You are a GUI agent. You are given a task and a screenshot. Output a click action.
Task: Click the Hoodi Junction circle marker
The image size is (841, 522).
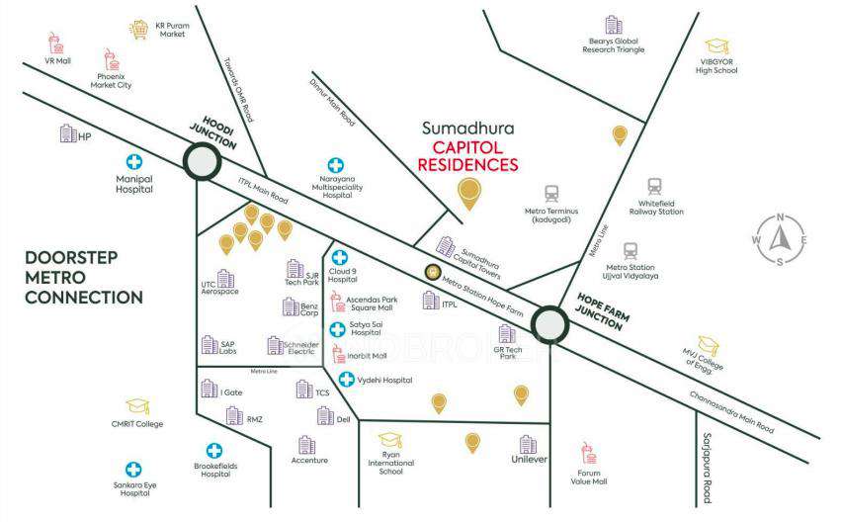pos(202,161)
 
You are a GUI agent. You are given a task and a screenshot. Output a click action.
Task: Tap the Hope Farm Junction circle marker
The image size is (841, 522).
pos(548,323)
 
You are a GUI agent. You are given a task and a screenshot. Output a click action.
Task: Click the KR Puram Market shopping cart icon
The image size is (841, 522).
pos(139,31)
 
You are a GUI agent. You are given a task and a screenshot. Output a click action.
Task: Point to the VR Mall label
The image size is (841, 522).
pos(57,60)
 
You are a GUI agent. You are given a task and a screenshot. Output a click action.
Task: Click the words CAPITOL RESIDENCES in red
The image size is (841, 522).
pos(468,155)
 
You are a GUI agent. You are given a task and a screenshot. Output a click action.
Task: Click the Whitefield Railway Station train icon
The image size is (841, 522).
pos(655,187)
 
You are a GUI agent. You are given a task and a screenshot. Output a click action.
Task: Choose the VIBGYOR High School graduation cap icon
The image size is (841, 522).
pos(715,46)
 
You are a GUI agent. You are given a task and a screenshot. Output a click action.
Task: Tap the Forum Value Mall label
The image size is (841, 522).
pos(591,478)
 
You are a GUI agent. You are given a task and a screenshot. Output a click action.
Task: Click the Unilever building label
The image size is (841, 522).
pos(529,460)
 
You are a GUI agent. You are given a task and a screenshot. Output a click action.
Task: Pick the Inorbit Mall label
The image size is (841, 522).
pos(365,356)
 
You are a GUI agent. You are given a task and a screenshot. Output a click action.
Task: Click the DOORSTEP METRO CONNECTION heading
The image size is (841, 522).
pos(84,277)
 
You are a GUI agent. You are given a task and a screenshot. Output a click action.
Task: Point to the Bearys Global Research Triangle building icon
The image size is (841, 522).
pos(614,24)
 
